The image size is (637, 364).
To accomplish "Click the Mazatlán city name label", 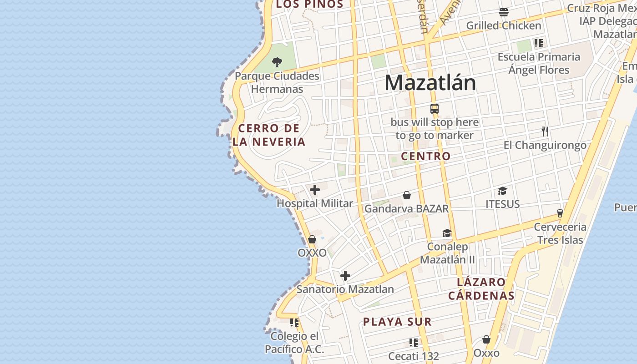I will pos(430,83).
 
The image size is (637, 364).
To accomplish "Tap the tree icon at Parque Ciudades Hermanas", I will pos(277,62).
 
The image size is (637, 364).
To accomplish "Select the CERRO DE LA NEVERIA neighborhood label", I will pos(269,135).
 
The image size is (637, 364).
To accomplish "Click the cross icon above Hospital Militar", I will pos(315,190).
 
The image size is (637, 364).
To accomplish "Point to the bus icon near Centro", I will pos(435,109).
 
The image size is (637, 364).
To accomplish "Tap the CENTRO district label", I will pos(426,156).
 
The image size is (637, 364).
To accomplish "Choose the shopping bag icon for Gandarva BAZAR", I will pos(407,196).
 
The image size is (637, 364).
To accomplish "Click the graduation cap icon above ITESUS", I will pos(502,191).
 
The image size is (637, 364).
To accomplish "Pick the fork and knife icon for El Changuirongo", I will pos(545,131).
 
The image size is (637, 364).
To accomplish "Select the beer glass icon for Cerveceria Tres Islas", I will pos(560,213).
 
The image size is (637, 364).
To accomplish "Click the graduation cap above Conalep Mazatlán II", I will pos(447,233).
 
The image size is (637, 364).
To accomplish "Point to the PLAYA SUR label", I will pos(397,322).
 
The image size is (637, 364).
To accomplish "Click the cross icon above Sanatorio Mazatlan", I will pos(345,276).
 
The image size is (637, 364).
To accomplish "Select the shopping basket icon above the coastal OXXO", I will pos(312,239).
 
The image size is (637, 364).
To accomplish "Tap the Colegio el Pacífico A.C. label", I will pos(295,343).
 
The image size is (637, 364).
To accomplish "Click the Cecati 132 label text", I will pos(414,356).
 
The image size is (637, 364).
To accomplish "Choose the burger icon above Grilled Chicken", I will pos(504,12).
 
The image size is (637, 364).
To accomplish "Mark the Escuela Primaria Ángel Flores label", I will pos(539,63).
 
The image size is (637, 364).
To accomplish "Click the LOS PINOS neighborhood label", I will pos(309,5).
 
